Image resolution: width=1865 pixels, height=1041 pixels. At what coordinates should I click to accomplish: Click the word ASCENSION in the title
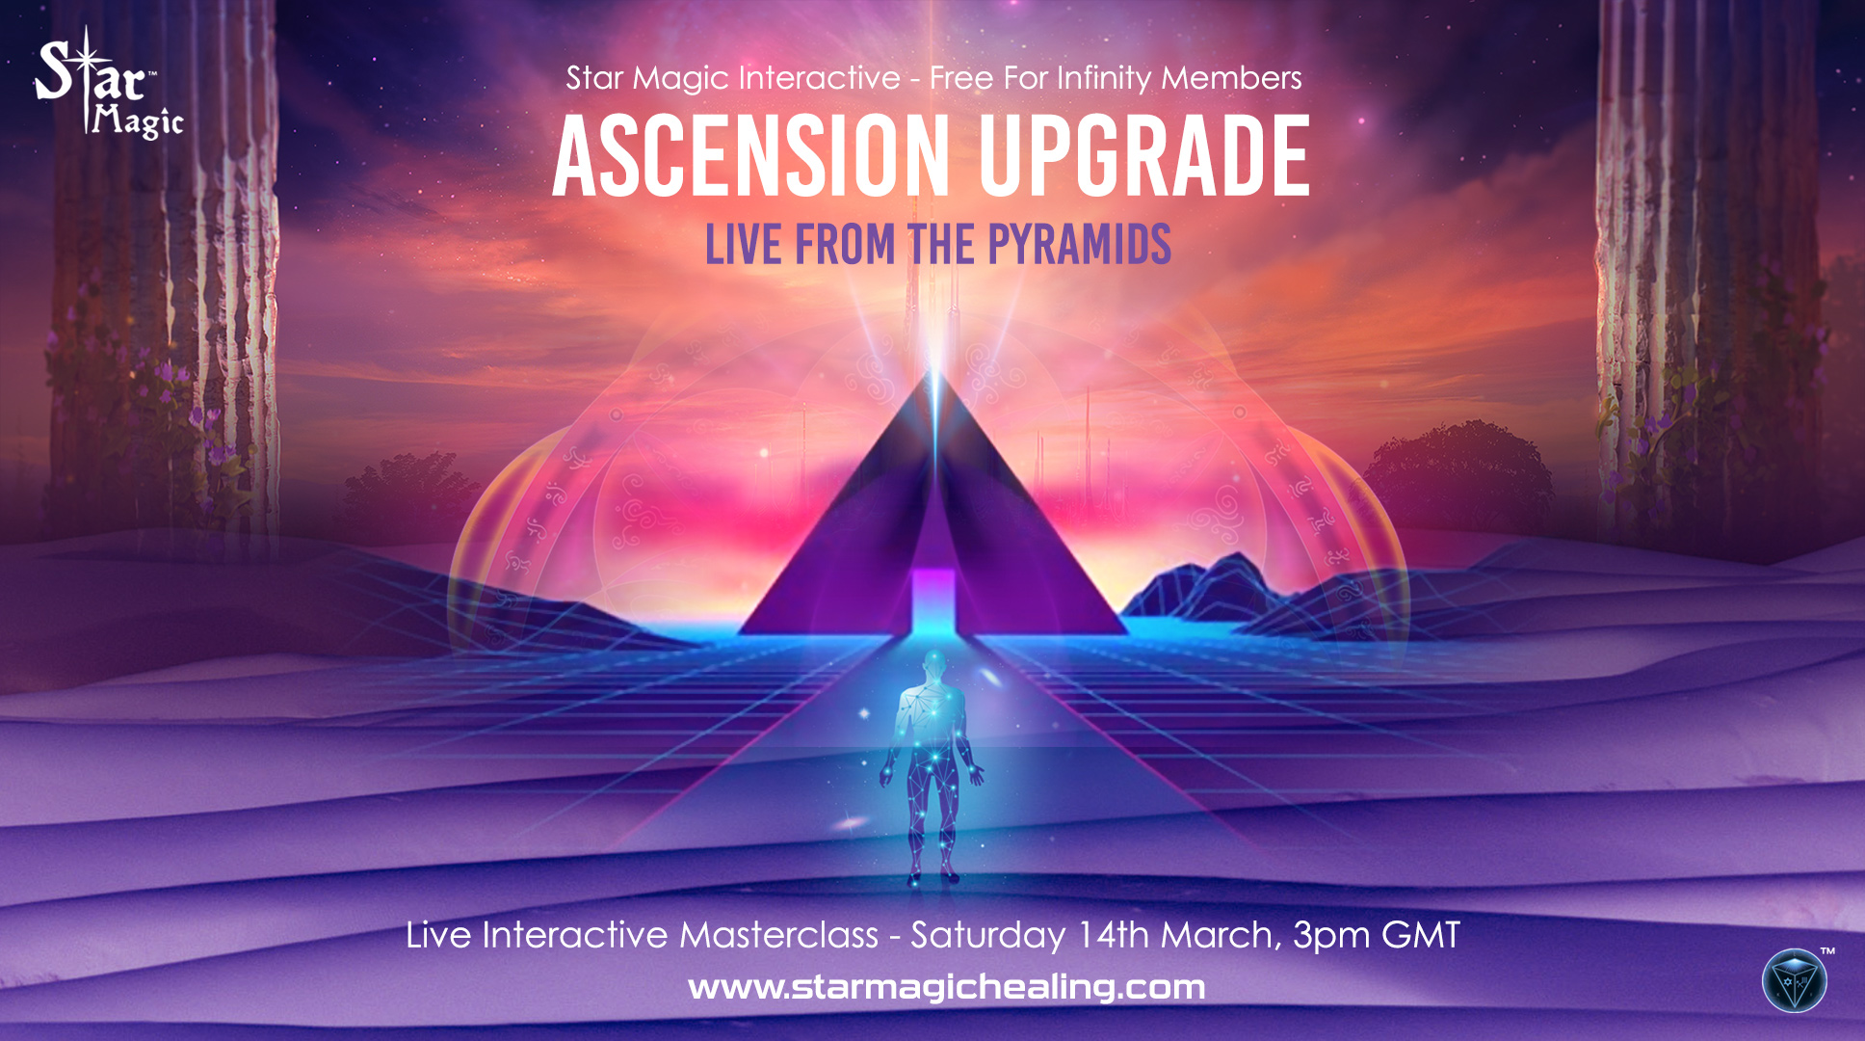(x=751, y=156)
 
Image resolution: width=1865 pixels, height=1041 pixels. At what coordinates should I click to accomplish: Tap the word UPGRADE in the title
(x=1144, y=156)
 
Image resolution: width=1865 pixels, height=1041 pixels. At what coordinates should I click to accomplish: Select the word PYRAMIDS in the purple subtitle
(x=1079, y=245)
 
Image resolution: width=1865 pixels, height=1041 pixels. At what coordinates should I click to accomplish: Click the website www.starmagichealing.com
(x=946, y=987)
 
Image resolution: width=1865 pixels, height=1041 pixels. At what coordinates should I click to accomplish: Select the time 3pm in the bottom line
(x=1330, y=935)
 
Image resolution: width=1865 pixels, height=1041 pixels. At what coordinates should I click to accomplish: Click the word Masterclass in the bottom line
(x=778, y=935)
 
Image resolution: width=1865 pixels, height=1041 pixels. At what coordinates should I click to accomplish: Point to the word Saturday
(x=987, y=935)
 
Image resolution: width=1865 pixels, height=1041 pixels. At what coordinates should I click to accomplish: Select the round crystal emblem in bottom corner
(x=1794, y=981)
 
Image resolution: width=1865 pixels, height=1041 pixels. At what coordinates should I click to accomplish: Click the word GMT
(x=1421, y=935)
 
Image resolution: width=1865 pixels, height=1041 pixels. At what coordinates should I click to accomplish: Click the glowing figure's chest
(x=932, y=713)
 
